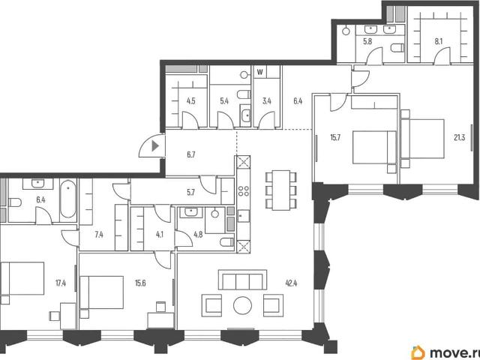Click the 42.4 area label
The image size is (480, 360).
[291, 283]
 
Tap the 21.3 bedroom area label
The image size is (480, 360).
[460, 138]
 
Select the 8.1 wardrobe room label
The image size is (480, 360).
[439, 41]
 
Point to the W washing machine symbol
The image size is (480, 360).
[260, 72]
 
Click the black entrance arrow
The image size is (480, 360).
[155, 146]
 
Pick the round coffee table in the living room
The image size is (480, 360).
[243, 305]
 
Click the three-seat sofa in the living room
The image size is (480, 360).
[242, 280]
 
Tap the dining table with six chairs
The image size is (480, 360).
[281, 190]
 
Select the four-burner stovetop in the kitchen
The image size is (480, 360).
[243, 191]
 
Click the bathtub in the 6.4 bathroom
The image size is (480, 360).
[68, 199]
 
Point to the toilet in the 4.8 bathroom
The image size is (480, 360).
[226, 242]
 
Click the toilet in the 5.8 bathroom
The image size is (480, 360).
[397, 48]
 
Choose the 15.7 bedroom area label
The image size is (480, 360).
[335, 138]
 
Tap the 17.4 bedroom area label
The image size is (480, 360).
[61, 283]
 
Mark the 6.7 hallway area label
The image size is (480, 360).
[191, 155]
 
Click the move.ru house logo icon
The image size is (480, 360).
[418, 352]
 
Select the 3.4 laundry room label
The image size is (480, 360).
[267, 101]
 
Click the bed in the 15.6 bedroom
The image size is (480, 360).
[102, 292]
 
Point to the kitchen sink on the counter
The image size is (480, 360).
[244, 216]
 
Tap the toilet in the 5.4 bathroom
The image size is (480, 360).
[244, 94]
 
